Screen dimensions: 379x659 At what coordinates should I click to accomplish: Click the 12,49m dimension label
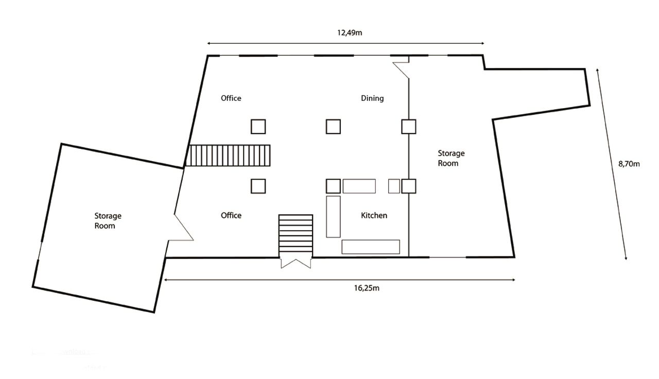(350, 32)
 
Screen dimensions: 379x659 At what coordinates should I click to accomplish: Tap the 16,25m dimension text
(367, 288)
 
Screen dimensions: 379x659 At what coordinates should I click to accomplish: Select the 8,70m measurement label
(629, 164)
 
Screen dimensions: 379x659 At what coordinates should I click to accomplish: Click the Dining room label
(372, 98)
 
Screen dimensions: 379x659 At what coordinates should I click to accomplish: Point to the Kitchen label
(374, 215)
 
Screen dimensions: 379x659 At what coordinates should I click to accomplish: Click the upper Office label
(231, 98)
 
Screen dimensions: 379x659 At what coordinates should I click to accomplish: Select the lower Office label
(231, 215)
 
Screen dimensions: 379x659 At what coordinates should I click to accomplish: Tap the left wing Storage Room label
(108, 221)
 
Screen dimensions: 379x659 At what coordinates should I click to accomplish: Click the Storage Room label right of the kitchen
(451, 158)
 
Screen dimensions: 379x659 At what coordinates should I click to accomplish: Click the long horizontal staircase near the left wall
(229, 155)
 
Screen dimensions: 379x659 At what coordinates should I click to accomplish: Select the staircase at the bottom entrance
(296, 234)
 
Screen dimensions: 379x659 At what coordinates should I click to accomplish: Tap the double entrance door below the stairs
(296, 263)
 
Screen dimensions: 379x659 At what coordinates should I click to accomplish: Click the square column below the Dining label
(333, 126)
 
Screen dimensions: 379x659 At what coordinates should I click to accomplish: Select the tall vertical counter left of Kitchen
(333, 216)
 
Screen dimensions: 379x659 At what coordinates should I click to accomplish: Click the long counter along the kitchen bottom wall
(371, 247)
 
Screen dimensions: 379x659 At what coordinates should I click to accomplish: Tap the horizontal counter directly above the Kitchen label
(359, 186)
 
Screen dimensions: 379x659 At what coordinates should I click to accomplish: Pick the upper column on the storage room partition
(409, 126)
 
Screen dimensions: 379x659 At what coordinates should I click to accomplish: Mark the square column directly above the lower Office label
(258, 186)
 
